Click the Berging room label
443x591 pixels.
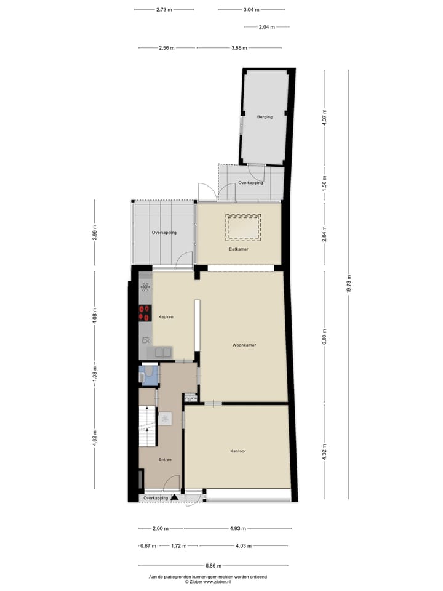[x=265, y=117]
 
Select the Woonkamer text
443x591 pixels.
[x=244, y=345]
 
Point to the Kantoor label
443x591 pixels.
[x=238, y=451]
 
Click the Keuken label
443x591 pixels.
[x=166, y=317]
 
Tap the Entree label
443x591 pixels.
[x=165, y=460]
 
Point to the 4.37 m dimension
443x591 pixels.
[x=324, y=118]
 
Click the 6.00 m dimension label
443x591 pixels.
[x=324, y=337]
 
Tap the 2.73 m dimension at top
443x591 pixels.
[x=164, y=10]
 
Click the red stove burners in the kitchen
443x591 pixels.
[x=145, y=313]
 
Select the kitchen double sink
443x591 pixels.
[x=163, y=352]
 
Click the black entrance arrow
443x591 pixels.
[x=175, y=497]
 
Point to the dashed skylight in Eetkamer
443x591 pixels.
[x=243, y=227]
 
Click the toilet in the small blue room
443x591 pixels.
[x=148, y=374]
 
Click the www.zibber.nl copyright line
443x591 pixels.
[x=208, y=582]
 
